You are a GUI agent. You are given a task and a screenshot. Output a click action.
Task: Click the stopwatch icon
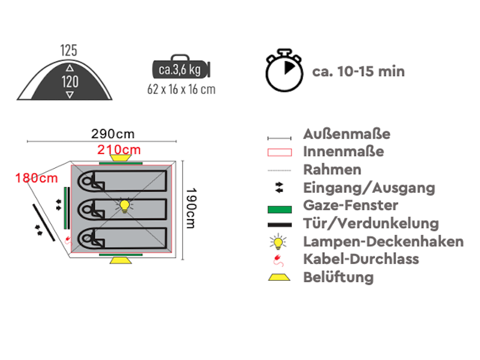coord(284,71)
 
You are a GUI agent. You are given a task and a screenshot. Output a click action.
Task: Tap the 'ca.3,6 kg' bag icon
coord(181,67)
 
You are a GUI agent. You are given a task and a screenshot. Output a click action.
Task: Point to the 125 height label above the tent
coord(68,50)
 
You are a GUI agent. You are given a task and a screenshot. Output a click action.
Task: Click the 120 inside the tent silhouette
coord(70,82)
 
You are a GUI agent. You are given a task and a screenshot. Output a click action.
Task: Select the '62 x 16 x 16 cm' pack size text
coord(181,89)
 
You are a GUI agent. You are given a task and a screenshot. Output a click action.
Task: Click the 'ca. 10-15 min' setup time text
coord(358,71)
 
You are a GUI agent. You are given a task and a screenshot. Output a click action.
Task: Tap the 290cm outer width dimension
coord(113,134)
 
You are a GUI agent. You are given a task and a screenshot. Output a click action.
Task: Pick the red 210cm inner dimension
coord(119,149)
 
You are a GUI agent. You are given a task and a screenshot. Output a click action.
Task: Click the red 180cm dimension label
coord(37,178)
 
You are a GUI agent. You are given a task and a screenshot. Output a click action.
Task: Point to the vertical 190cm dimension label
coord(191,208)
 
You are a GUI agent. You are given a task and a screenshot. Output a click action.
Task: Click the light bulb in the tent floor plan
coord(125,206)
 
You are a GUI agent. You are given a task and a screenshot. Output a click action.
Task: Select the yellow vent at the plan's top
coord(121,158)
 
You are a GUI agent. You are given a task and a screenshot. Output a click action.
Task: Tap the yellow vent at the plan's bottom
coord(121,260)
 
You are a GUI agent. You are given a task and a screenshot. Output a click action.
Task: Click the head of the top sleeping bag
coord(87,181)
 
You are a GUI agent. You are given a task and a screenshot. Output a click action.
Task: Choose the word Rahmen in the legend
coord(332,170)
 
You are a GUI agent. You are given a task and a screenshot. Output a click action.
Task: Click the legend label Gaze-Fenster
coord(350,205)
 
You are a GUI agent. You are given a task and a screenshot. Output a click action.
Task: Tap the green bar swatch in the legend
coord(280,209)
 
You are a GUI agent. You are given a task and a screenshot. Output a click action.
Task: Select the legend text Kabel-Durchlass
coord(361,259)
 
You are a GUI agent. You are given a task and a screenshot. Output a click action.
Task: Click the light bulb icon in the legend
coord(278,242)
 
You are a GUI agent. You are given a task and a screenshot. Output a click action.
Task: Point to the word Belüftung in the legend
coord(338,277)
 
